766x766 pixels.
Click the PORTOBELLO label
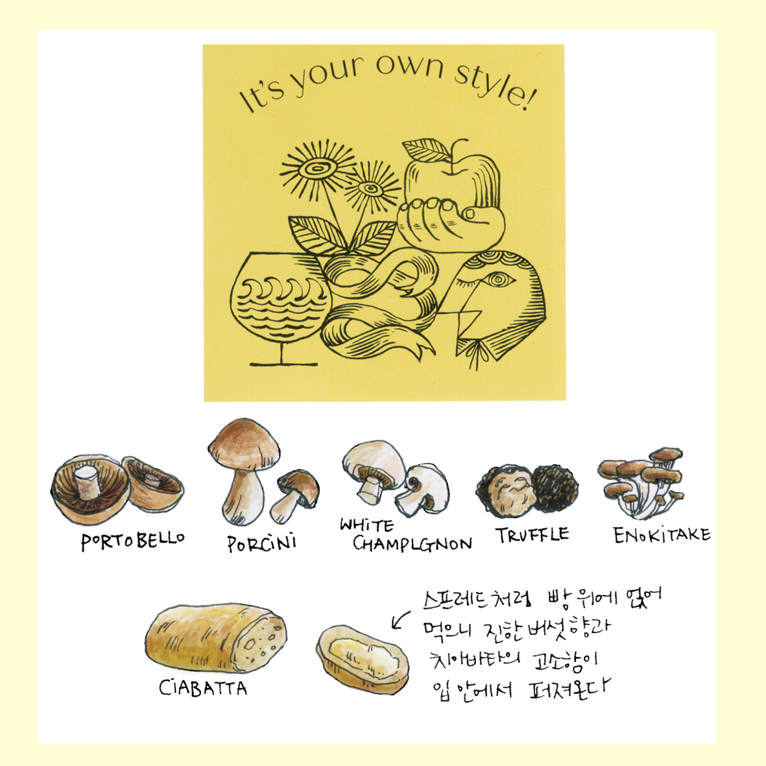pos(132,540)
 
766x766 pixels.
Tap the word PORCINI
pos(262,542)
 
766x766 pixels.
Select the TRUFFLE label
pos(533,534)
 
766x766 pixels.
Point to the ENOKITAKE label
pos(662,534)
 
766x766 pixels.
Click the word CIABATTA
pos(203,688)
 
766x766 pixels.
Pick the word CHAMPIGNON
pos(413,544)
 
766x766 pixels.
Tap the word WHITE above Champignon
pos(367,525)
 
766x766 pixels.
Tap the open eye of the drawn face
pos(497,280)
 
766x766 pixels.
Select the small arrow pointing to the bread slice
pos(401,620)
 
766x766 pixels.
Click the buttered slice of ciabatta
pos(363,658)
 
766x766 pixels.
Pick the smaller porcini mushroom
pos(294,495)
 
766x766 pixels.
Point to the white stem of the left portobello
pos(88,482)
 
